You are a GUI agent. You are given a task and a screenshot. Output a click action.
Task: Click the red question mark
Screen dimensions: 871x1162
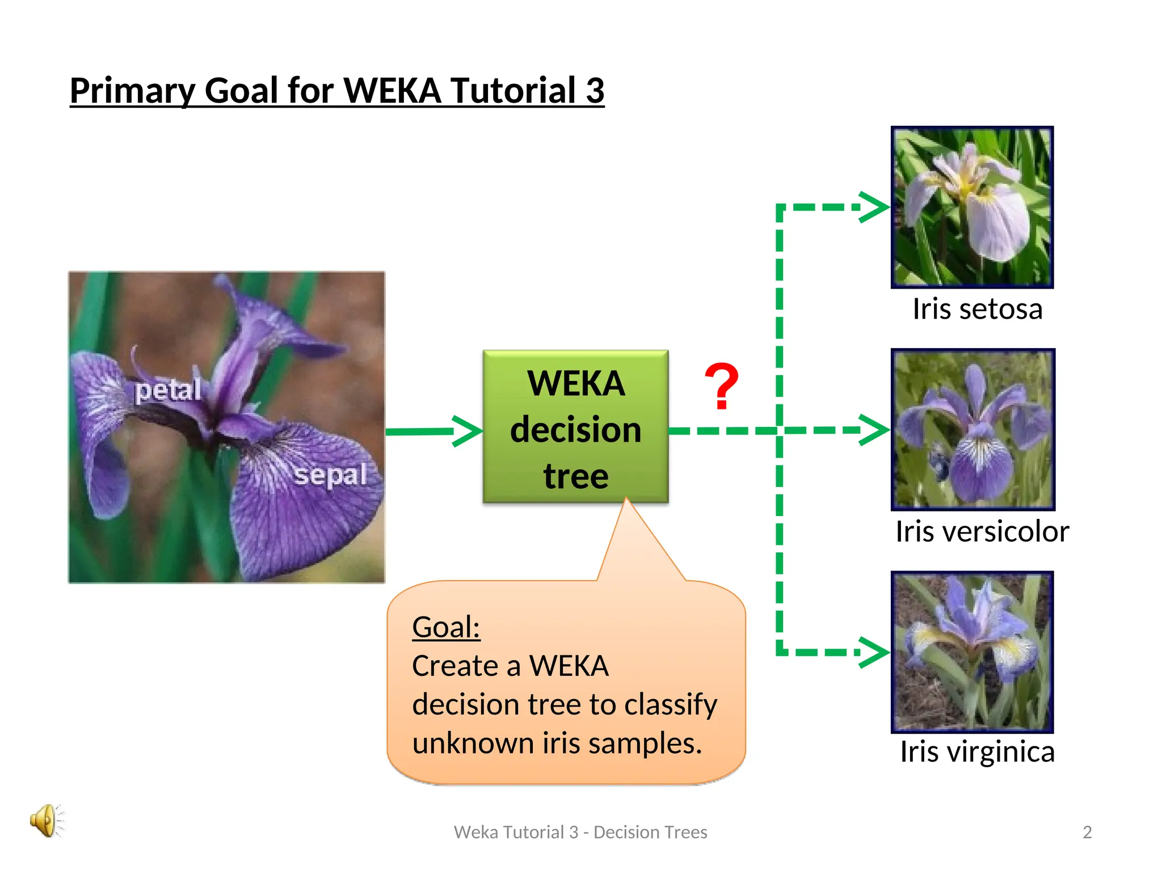pyautogui.click(x=721, y=387)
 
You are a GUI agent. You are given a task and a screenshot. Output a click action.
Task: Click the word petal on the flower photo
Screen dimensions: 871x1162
pyautogui.click(x=168, y=390)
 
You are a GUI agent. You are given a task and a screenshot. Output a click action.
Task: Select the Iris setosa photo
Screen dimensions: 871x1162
pyautogui.click(x=972, y=208)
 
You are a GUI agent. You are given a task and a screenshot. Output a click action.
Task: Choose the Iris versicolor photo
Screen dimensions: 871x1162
pyautogui.click(x=973, y=429)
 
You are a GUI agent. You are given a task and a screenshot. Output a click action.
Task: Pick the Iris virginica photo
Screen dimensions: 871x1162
pyautogui.click(x=972, y=652)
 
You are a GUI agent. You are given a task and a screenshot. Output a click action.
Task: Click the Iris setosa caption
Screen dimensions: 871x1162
pyautogui.click(x=977, y=309)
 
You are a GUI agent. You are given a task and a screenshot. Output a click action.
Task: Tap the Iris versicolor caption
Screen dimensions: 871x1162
pyautogui.click(x=982, y=531)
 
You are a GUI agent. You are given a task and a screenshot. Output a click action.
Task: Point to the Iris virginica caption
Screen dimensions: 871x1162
pyautogui.click(x=977, y=752)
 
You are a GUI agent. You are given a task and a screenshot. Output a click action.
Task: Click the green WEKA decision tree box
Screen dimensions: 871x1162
pyautogui.click(x=575, y=426)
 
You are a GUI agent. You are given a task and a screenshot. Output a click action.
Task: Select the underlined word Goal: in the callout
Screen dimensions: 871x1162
pyautogui.click(x=446, y=627)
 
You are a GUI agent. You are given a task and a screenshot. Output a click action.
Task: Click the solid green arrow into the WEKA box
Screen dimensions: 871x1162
pyautogui.click(x=434, y=432)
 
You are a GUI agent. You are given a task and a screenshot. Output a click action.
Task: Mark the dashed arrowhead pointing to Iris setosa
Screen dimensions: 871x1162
pyautogui.click(x=874, y=207)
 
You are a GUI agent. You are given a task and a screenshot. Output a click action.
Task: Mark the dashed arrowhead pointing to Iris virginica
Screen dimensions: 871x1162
pyautogui.click(x=874, y=652)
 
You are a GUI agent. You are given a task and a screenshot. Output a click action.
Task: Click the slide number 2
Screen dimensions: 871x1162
pyautogui.click(x=1087, y=832)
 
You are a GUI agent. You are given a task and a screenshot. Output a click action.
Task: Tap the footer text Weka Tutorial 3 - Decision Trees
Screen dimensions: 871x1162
pyautogui.click(x=580, y=832)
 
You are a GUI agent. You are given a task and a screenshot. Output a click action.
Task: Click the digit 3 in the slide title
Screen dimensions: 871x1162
pyautogui.click(x=595, y=91)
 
